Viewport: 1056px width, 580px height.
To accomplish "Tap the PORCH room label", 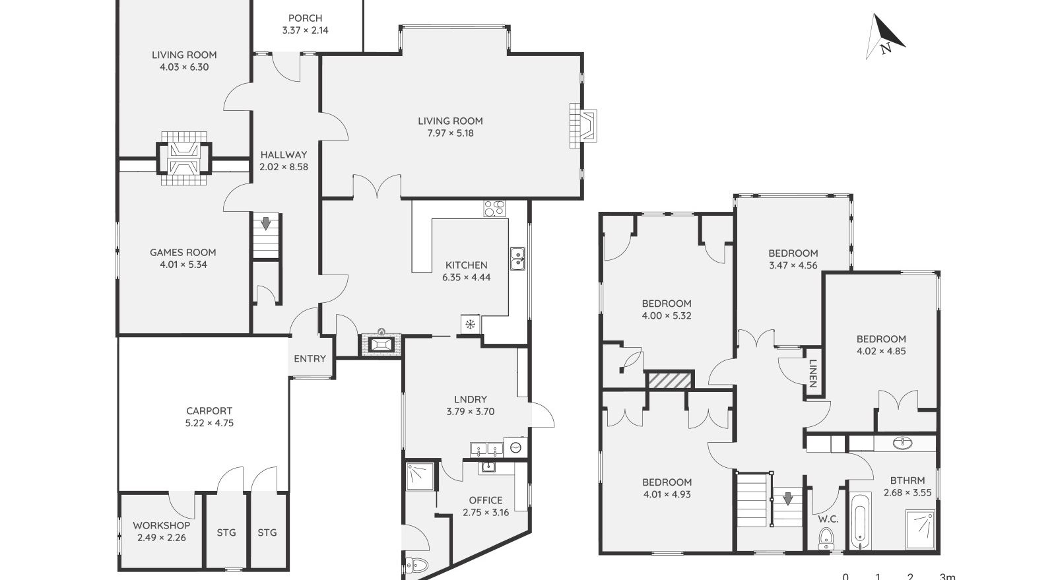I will (x=305, y=18).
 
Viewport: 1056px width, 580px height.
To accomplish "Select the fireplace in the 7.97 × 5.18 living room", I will (x=583, y=124).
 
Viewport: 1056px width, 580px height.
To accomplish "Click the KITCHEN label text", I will (x=466, y=265).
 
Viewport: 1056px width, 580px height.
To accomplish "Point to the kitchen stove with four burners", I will (x=494, y=209).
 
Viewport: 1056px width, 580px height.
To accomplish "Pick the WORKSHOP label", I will (x=161, y=525).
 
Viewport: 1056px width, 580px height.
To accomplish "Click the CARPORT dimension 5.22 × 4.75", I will (x=209, y=423).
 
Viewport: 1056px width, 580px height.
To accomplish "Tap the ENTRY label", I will (x=310, y=358).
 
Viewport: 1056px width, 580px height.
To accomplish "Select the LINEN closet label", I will (x=812, y=373).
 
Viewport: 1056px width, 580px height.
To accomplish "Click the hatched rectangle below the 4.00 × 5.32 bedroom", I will (x=670, y=380).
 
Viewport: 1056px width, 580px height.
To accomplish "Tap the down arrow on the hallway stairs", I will (x=265, y=224).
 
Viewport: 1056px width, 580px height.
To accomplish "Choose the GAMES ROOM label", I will (x=183, y=252).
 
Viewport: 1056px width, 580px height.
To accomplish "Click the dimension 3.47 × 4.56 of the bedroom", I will (x=793, y=265).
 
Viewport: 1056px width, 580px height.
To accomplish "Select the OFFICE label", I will (x=486, y=500).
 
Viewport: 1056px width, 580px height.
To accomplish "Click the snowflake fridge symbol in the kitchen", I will (x=470, y=324).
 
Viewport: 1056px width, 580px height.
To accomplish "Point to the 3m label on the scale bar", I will (x=946, y=576).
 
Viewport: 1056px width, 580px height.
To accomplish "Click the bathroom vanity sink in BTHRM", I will (x=902, y=443).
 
